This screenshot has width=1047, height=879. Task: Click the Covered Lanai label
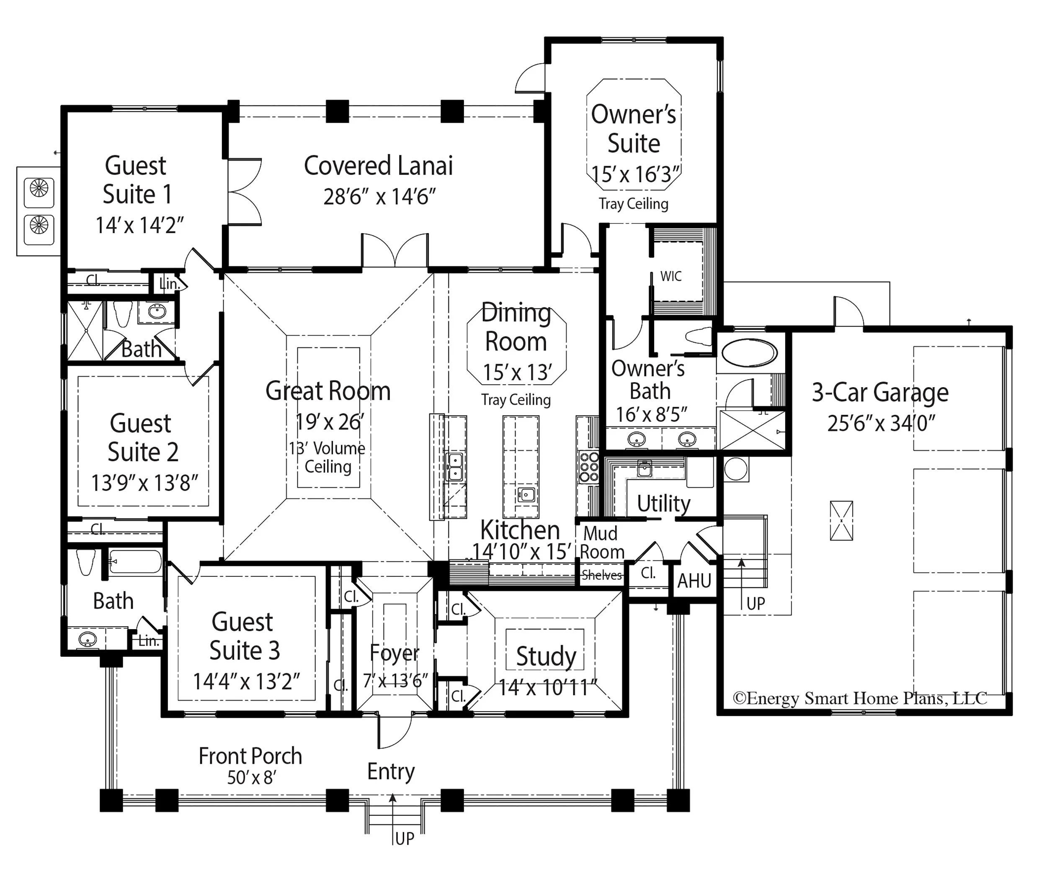point(379,166)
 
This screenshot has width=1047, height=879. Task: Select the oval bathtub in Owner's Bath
point(749,353)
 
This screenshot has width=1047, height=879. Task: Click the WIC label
point(670,277)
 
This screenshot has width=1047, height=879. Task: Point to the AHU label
point(694,581)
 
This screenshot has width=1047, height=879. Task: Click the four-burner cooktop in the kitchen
point(588,467)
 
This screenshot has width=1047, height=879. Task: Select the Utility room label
point(664,504)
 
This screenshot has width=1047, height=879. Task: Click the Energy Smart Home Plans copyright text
point(859,698)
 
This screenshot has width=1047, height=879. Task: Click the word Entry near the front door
point(391,772)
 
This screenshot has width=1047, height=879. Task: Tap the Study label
point(546,656)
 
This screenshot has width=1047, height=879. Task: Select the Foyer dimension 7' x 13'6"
point(395,680)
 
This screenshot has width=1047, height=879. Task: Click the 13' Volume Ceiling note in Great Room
point(328,457)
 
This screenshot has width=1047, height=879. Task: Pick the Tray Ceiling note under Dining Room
point(516,400)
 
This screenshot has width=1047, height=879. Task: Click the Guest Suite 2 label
point(142,437)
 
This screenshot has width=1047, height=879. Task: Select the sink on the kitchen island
point(526,495)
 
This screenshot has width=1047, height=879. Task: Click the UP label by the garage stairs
point(756,604)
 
